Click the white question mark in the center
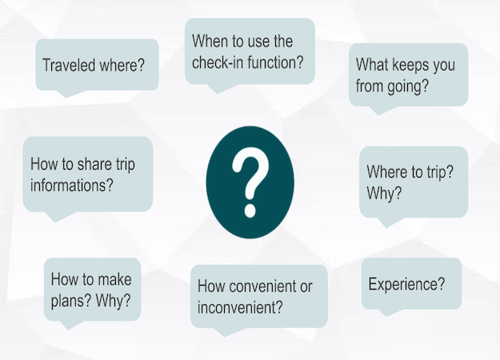click(x=250, y=182)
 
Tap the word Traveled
click(x=69, y=66)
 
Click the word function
click(x=275, y=62)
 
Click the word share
click(x=94, y=164)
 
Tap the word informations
click(x=72, y=186)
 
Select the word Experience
click(x=406, y=285)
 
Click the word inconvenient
click(x=240, y=307)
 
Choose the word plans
click(x=71, y=301)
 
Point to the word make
click(x=114, y=279)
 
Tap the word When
click(x=210, y=41)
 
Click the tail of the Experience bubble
click(x=387, y=313)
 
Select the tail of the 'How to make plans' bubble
click(x=69, y=325)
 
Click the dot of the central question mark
click(x=250, y=210)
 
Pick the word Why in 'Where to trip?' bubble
click(x=384, y=194)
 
